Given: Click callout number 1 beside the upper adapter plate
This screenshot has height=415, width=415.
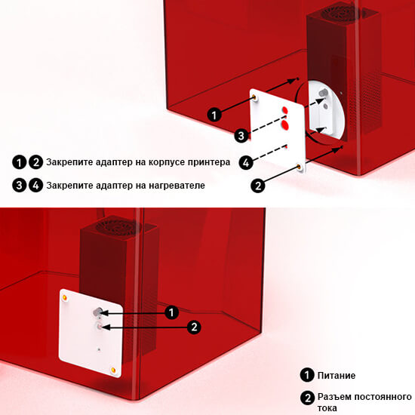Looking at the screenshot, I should [215, 115].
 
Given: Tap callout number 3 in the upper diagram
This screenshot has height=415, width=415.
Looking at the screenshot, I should [241, 136].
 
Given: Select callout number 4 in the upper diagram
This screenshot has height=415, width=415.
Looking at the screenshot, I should [245, 161].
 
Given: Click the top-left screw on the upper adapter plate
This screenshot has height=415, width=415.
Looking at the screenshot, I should [256, 97].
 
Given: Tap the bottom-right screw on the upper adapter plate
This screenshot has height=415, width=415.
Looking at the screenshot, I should [300, 166].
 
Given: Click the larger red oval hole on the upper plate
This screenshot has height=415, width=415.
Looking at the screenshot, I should [285, 110].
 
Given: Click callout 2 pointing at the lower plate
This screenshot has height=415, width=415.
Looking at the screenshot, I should [195, 327].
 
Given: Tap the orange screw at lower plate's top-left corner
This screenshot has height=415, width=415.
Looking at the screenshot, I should [65, 297].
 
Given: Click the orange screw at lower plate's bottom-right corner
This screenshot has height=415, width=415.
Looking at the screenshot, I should [113, 369].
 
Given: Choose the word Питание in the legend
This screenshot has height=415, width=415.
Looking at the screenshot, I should [337, 375].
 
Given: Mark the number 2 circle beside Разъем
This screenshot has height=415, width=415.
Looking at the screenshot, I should [307, 398].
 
